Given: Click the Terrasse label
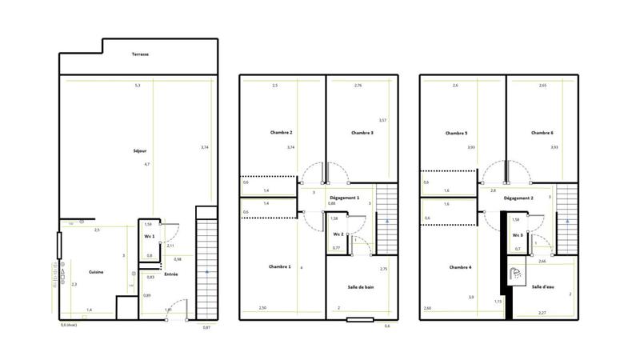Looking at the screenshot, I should (x=141, y=54).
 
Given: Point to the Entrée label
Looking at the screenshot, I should (x=170, y=275).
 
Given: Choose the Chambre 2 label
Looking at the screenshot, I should (x=280, y=133).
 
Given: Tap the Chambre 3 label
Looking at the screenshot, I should (x=362, y=133).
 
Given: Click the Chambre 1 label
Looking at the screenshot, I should (x=280, y=266).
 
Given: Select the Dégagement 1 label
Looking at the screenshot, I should (x=345, y=197).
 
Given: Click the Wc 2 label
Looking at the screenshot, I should (x=338, y=234).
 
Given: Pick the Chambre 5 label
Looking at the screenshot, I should (x=457, y=133).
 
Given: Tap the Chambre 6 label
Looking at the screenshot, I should (x=542, y=133).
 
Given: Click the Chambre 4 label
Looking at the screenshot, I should (x=460, y=267).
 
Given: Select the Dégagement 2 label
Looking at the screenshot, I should (x=520, y=198).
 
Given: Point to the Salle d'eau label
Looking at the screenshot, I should (x=544, y=286).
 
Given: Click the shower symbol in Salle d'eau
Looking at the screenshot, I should (x=518, y=274).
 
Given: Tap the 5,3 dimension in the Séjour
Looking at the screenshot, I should (x=137, y=86).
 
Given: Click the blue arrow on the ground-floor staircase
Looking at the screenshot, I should (x=206, y=273).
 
